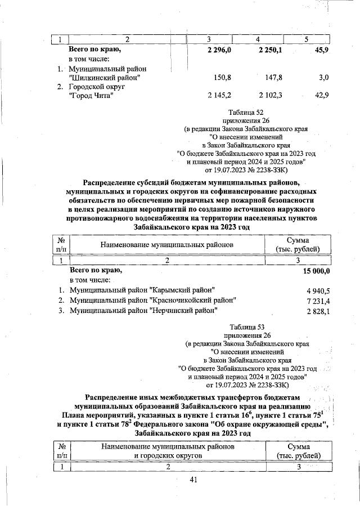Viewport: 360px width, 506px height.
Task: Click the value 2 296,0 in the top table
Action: (x=216, y=50)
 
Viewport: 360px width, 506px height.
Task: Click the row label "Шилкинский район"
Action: (x=104, y=77)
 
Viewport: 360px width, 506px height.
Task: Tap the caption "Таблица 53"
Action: (x=247, y=326)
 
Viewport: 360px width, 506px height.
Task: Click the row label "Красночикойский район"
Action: (x=152, y=301)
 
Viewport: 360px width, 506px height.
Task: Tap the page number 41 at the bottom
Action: (x=194, y=480)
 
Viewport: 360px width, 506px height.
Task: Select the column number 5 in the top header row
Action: (x=307, y=39)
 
